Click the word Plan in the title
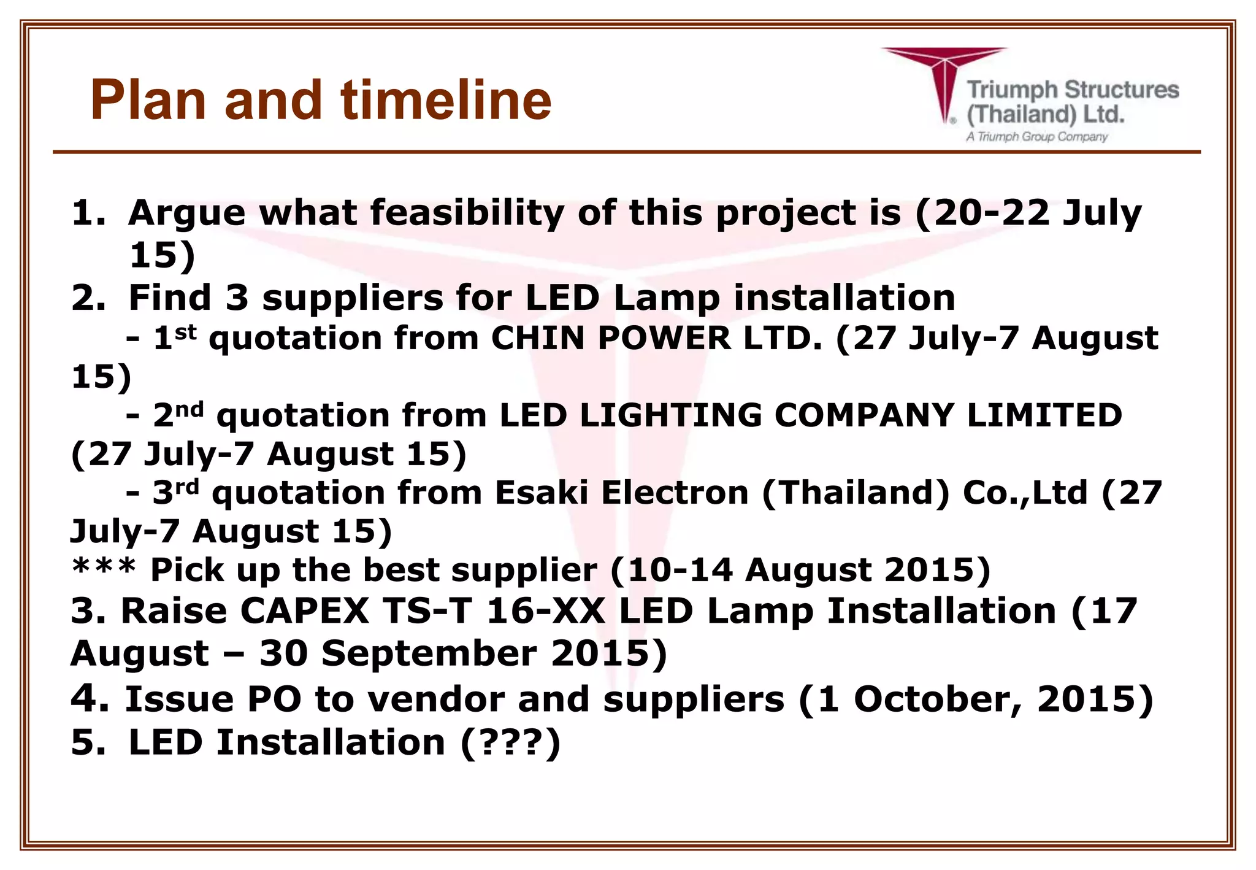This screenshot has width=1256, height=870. [147, 100]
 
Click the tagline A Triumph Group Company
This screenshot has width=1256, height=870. [1036, 136]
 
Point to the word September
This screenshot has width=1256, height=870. [429, 653]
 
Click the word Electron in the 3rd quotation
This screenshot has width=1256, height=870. [674, 493]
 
